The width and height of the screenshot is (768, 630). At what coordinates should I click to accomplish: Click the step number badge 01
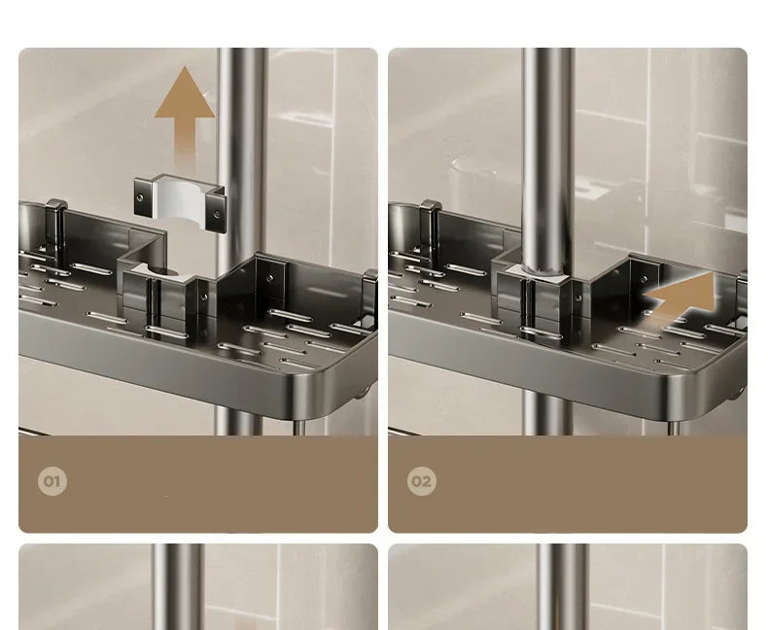pyautogui.click(x=52, y=481)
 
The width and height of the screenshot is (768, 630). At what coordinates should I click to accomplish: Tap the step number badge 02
pyautogui.click(x=421, y=481)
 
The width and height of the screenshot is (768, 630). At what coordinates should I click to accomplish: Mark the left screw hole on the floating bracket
pyautogui.click(x=139, y=197)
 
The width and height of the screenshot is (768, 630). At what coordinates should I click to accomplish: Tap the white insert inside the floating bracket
pyautogui.click(x=181, y=208)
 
